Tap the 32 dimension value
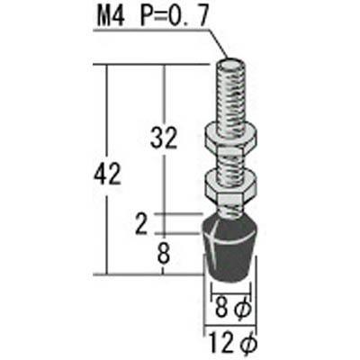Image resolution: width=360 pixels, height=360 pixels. pos(164,138)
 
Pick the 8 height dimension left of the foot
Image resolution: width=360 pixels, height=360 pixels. pos(163,254)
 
